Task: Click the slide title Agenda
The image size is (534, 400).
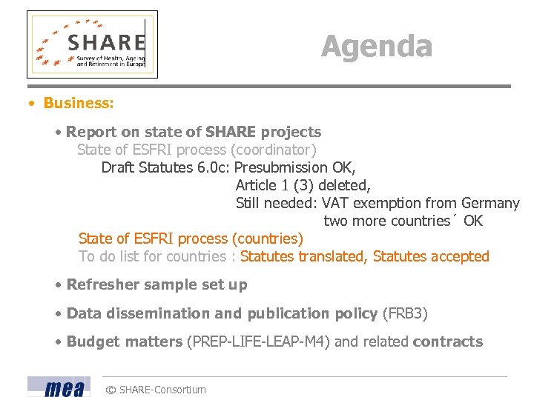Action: coord(377,46)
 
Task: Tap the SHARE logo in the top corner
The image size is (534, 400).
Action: coord(93,44)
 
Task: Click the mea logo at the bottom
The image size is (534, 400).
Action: coord(59,387)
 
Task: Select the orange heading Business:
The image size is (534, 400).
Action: coord(79,103)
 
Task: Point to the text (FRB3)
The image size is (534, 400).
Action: coord(405,313)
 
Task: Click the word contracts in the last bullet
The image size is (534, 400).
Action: coord(447,341)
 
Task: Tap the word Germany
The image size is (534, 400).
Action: coord(490,203)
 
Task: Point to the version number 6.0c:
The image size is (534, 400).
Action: coord(214,167)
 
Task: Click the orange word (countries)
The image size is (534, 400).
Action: coord(268,239)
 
